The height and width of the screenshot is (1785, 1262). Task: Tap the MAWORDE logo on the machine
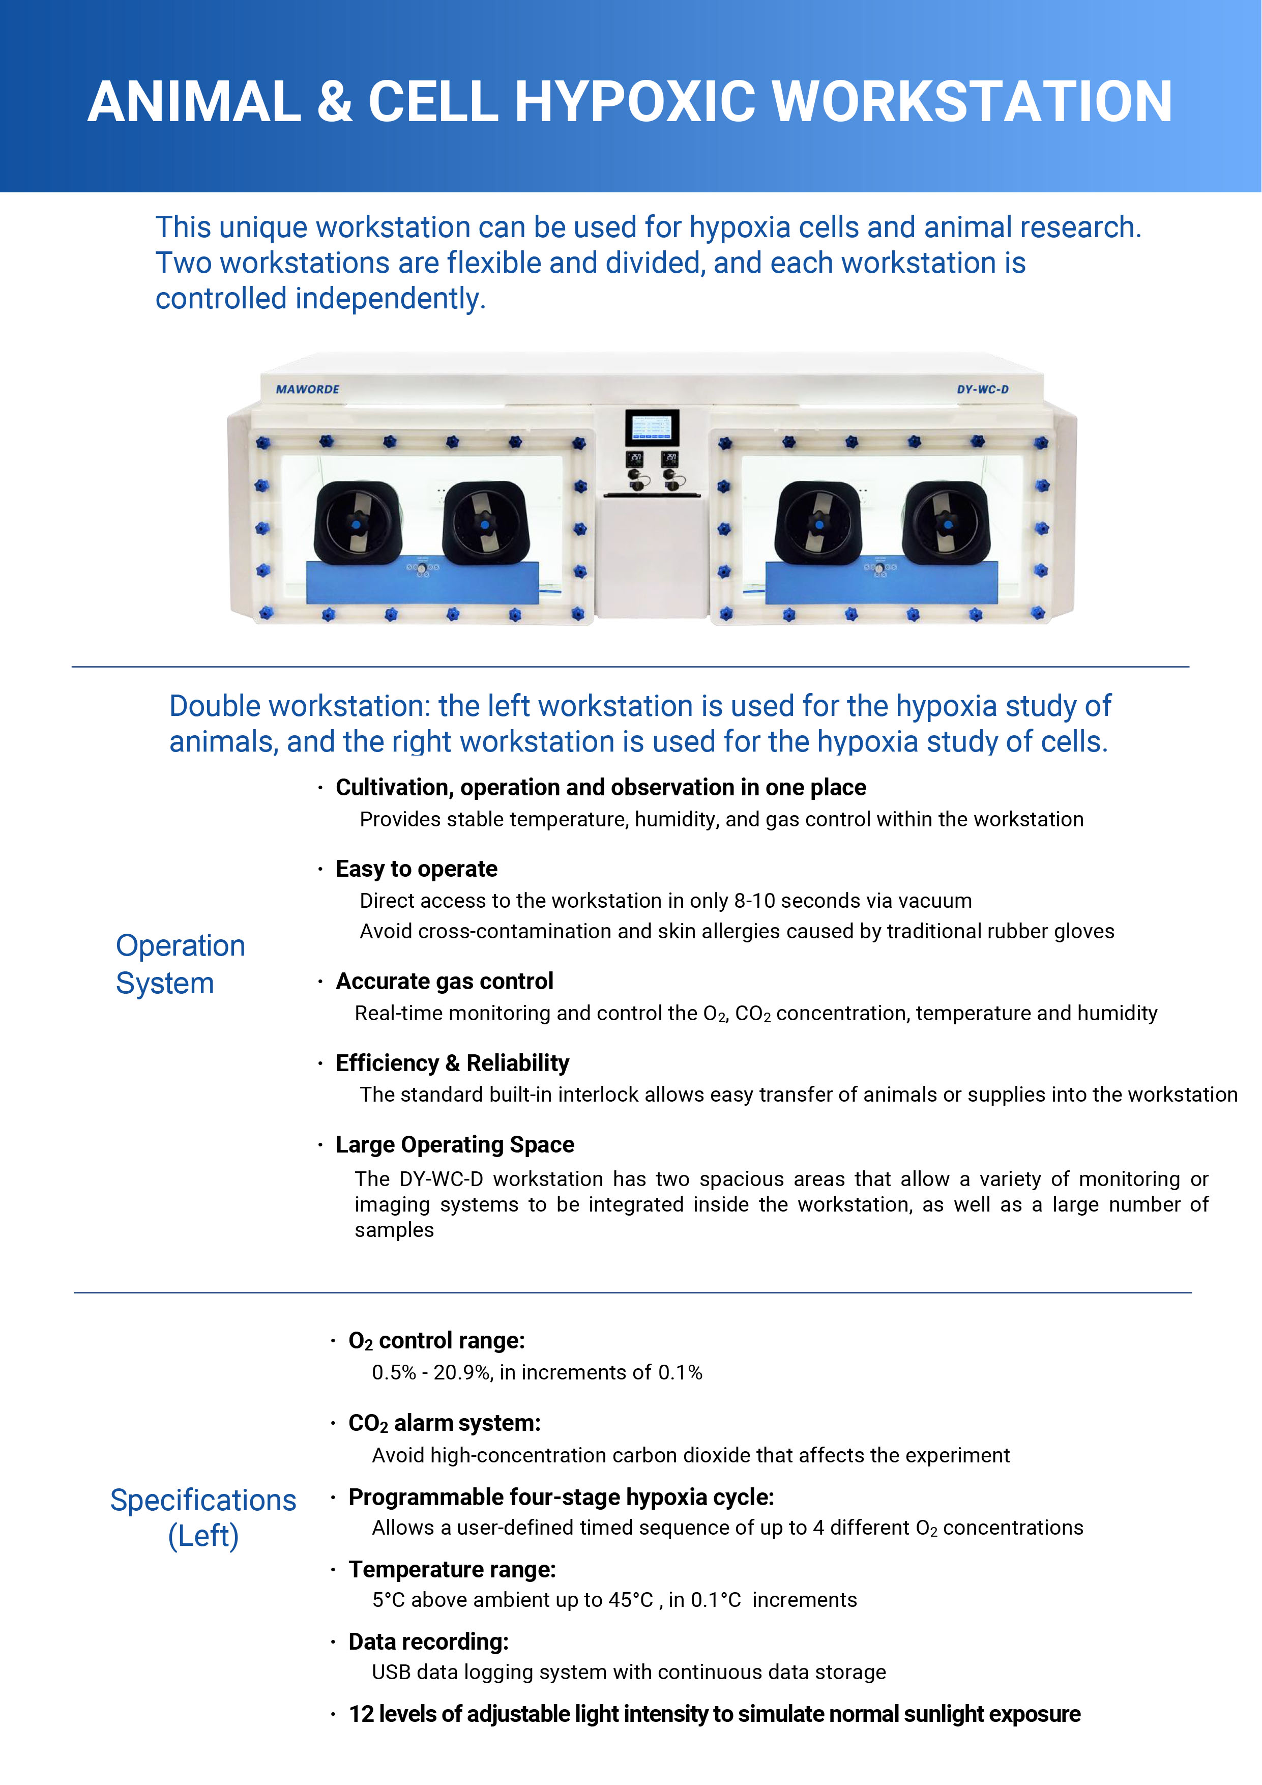(x=308, y=389)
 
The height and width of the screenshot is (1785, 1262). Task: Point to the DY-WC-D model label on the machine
(x=982, y=389)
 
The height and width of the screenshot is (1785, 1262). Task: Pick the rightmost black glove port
(x=947, y=523)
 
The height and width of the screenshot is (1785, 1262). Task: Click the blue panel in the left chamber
(x=423, y=582)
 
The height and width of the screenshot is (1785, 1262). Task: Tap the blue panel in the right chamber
(x=881, y=582)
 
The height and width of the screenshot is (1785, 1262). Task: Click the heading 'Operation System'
(x=180, y=964)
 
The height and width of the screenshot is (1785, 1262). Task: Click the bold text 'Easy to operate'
(x=417, y=869)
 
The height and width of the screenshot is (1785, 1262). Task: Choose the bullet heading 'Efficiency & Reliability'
(x=452, y=1063)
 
